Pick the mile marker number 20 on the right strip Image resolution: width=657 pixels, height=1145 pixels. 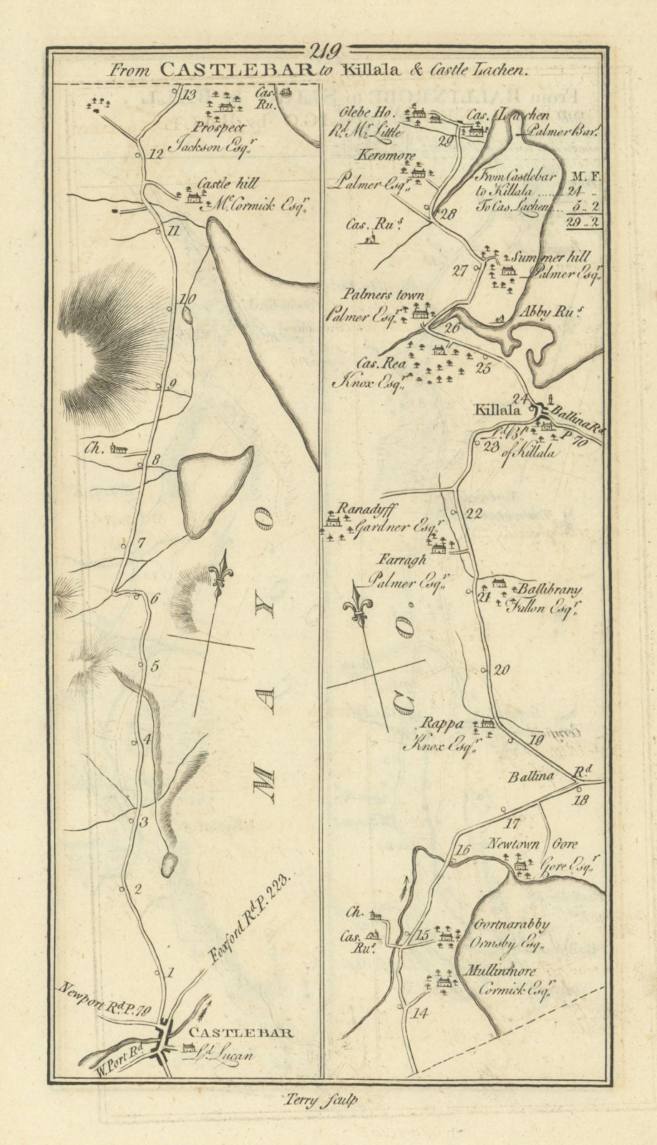pos(501,671)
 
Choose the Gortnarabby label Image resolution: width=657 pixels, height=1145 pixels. pos(509,924)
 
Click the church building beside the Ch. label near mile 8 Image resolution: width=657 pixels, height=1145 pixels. pos(121,450)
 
